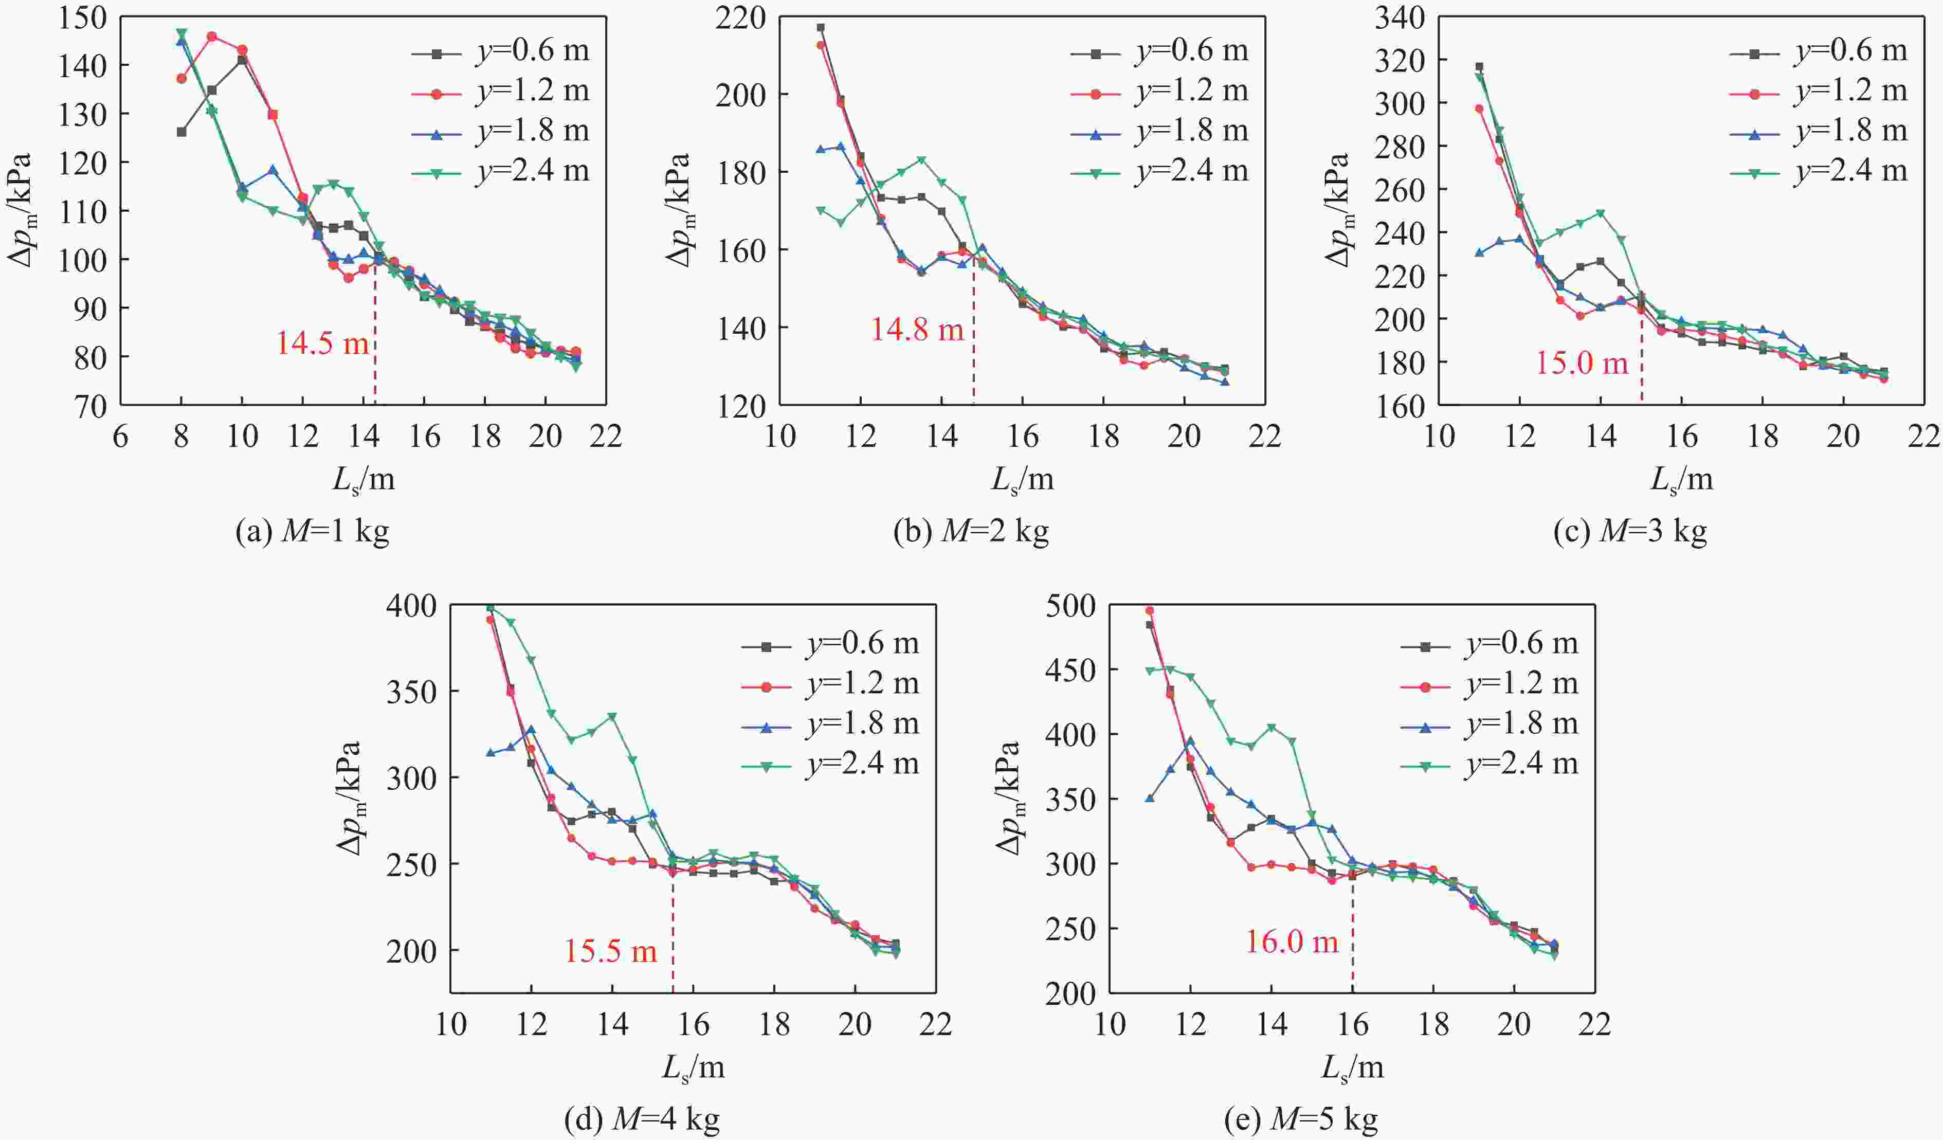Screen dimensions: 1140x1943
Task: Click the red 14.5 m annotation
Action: tap(322, 342)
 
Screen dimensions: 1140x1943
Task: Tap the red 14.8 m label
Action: tap(918, 329)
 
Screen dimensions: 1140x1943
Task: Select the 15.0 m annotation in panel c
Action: tap(1582, 362)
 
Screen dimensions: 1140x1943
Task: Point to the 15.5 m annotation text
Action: tap(611, 951)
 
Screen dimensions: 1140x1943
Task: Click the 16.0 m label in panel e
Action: tap(1292, 942)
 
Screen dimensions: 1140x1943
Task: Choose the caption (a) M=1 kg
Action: tap(312, 532)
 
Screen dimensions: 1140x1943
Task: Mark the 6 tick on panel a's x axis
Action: tap(120, 437)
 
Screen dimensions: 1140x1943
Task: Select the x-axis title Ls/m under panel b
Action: tap(1022, 480)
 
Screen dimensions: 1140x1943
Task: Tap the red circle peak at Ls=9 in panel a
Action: tap(212, 36)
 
